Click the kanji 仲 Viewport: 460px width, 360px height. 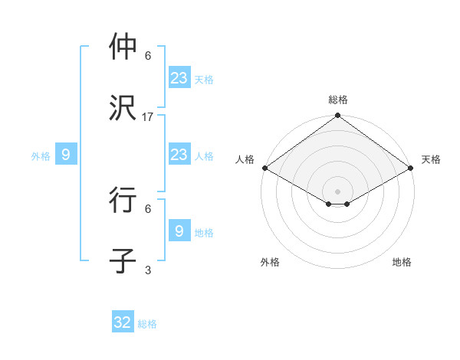123,47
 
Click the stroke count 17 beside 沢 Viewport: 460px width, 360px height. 148,117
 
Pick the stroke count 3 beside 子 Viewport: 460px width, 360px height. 148,270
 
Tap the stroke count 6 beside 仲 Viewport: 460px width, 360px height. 148,56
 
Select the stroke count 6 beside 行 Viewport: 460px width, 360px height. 148,208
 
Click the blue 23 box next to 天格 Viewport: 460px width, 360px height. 179,78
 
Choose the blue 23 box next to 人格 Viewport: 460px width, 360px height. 179,155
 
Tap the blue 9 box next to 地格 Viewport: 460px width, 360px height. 179,231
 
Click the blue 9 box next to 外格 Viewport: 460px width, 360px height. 66,155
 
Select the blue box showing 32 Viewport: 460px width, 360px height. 123,322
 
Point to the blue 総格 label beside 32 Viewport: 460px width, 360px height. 147,324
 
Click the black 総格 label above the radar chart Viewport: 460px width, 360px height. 338,100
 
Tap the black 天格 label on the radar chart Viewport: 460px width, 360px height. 431,159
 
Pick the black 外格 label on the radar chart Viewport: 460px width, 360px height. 270,262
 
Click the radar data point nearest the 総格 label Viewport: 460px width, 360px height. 338,116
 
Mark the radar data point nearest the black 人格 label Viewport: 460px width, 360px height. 264,168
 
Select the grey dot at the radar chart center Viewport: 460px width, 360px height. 338,191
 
